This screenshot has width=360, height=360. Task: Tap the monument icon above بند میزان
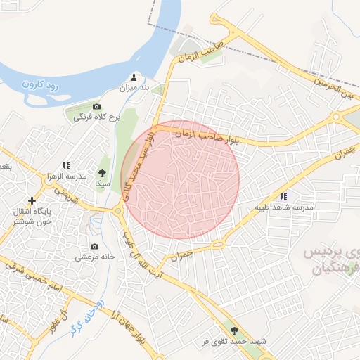pos(135,77)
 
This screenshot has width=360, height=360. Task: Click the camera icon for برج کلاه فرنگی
pos(97,106)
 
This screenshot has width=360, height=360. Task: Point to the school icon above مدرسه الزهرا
pos(67,165)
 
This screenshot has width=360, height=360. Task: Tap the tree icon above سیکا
pos(103,172)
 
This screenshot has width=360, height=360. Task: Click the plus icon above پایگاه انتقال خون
pos(31,201)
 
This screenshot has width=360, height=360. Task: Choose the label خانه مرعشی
pos(94,257)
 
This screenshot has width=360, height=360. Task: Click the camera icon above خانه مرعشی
pos(94,247)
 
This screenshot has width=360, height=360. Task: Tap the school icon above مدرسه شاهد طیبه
pos(283,197)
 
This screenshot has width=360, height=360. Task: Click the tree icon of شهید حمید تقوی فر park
pos(234,330)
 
